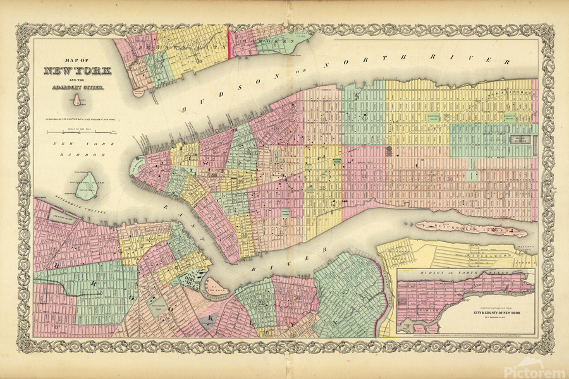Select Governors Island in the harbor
pos(85,184)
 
